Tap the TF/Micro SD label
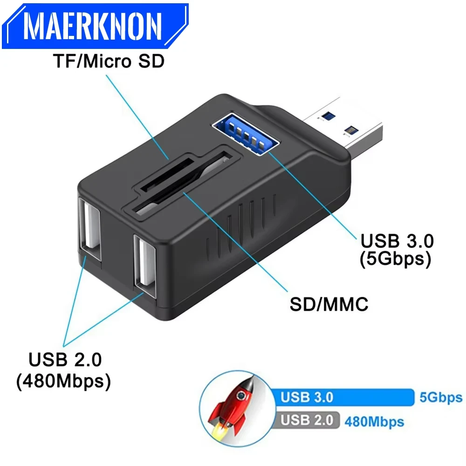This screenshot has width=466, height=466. [x=108, y=61]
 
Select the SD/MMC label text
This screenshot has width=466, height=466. [x=329, y=304]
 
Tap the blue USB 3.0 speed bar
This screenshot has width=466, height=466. [x=345, y=397]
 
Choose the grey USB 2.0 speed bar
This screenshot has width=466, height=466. [x=308, y=420]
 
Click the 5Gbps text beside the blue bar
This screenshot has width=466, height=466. [x=440, y=397]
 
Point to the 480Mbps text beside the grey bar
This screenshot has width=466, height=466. [x=374, y=422]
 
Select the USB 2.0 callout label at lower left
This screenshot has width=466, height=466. [x=65, y=360]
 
